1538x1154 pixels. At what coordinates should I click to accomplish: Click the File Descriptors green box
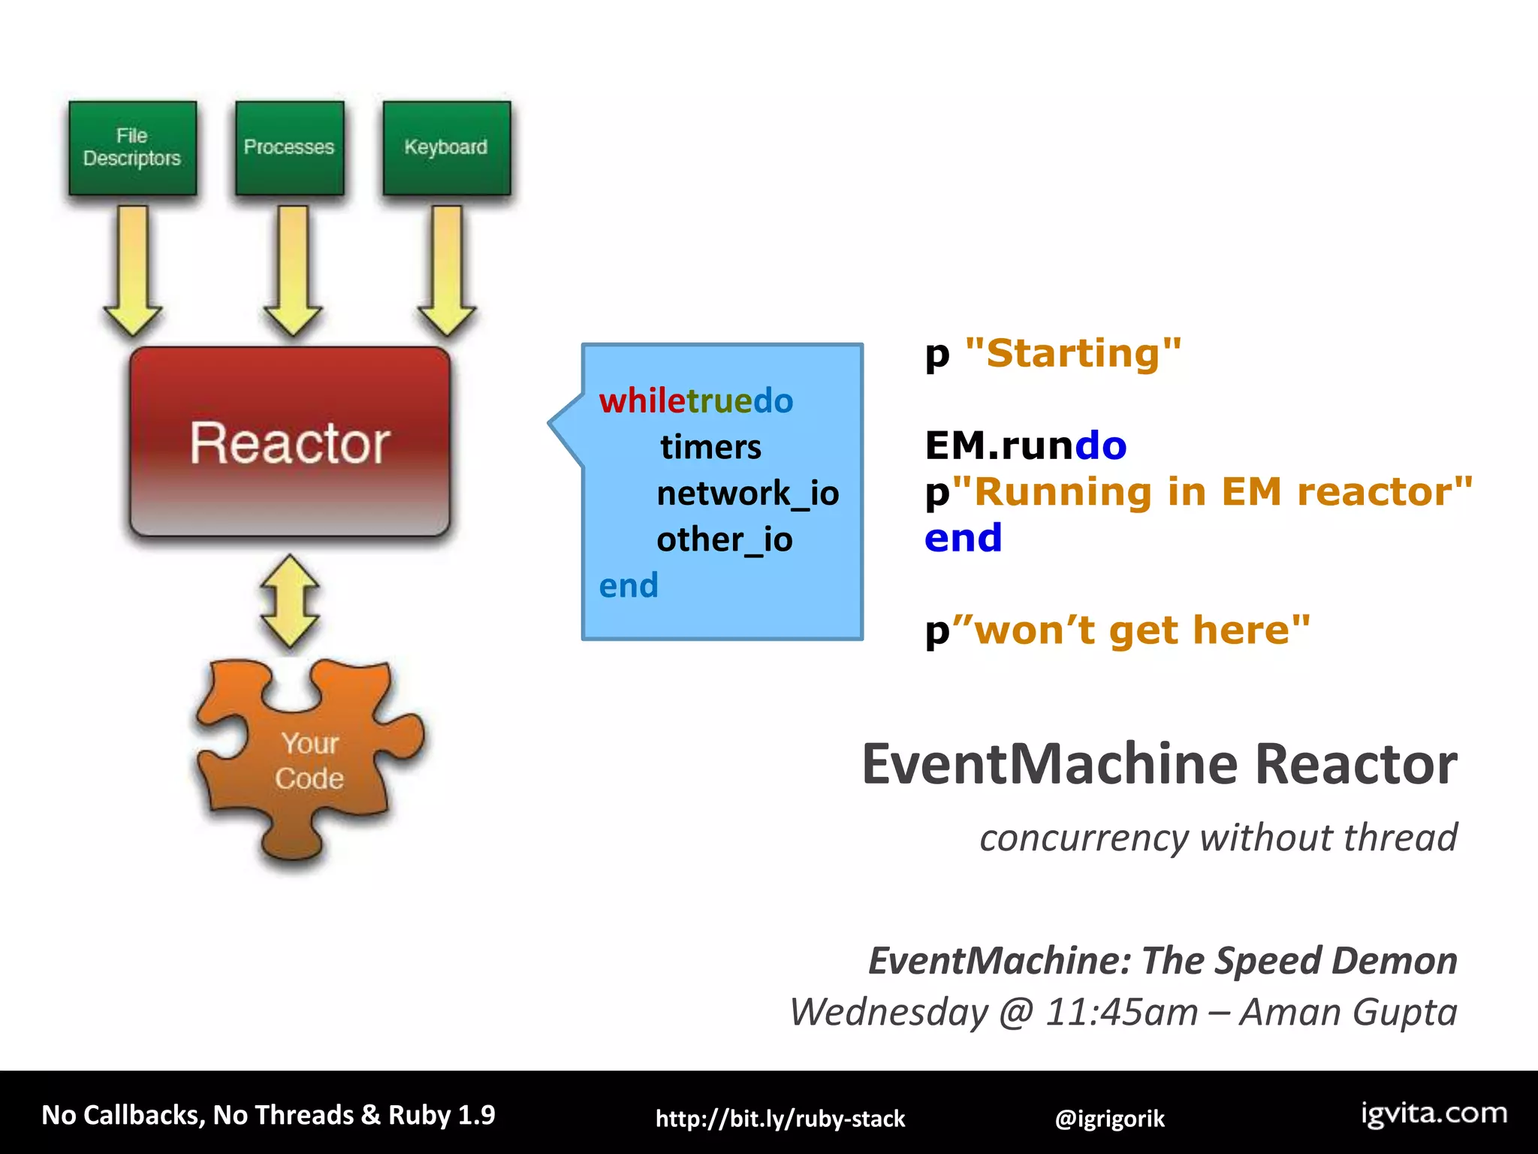point(132,148)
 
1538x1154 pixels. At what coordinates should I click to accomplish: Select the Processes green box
point(289,148)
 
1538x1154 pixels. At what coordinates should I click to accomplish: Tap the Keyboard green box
point(446,148)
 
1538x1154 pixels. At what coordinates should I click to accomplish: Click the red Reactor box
point(290,442)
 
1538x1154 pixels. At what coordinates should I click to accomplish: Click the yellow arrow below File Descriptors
point(133,270)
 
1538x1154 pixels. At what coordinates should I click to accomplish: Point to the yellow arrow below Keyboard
point(448,270)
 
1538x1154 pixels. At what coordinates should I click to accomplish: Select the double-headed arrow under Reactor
point(290,601)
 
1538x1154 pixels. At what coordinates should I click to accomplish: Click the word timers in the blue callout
point(710,447)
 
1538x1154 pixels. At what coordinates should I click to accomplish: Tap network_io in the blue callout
point(747,494)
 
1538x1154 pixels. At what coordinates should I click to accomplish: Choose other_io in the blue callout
point(724,539)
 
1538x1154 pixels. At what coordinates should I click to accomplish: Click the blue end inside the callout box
point(629,585)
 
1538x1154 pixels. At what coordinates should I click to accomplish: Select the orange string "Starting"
point(1073,353)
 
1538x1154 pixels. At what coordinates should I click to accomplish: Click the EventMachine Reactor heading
point(1159,764)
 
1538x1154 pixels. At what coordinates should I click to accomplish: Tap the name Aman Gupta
point(1348,1011)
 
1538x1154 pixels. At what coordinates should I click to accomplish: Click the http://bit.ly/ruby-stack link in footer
point(780,1119)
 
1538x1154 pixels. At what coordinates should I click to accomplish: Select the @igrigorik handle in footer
point(1109,1119)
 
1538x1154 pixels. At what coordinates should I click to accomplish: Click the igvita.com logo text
point(1434,1113)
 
